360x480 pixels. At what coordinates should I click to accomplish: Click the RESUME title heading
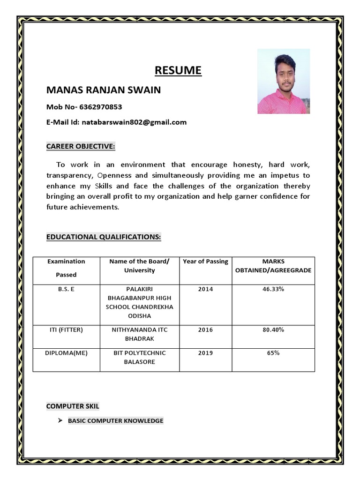[x=178, y=70]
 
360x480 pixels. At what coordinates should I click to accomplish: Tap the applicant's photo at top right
[x=283, y=81]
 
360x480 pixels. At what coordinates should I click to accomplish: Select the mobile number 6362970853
[x=100, y=107]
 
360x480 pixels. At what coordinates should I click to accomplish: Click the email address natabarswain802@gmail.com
[x=134, y=122]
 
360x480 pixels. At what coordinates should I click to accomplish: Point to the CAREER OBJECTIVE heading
[x=80, y=147]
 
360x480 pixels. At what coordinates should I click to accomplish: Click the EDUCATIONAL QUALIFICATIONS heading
[x=103, y=237]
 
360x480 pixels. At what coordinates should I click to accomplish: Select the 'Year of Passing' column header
[x=205, y=262]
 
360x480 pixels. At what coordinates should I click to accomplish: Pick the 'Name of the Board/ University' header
[x=139, y=266]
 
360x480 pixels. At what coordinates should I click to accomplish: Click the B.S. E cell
[x=66, y=289]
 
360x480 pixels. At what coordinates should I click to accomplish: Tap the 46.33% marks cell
[x=273, y=289]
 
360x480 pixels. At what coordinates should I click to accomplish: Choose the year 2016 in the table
[x=205, y=330]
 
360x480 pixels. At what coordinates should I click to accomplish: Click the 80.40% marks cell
[x=273, y=330]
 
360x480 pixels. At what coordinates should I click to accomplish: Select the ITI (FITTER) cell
[x=66, y=330]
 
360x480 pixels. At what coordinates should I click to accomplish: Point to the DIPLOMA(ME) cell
[x=66, y=353]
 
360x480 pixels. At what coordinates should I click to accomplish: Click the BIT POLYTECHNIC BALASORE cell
[x=139, y=357]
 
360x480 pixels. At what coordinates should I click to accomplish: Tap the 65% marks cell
[x=273, y=353]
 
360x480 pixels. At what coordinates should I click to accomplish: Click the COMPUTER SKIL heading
[x=73, y=406]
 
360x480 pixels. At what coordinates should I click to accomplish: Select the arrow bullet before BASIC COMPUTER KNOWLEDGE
[x=60, y=420]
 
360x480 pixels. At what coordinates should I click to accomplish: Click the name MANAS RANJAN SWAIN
[x=103, y=90]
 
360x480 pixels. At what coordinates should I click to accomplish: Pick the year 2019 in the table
[x=205, y=353]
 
